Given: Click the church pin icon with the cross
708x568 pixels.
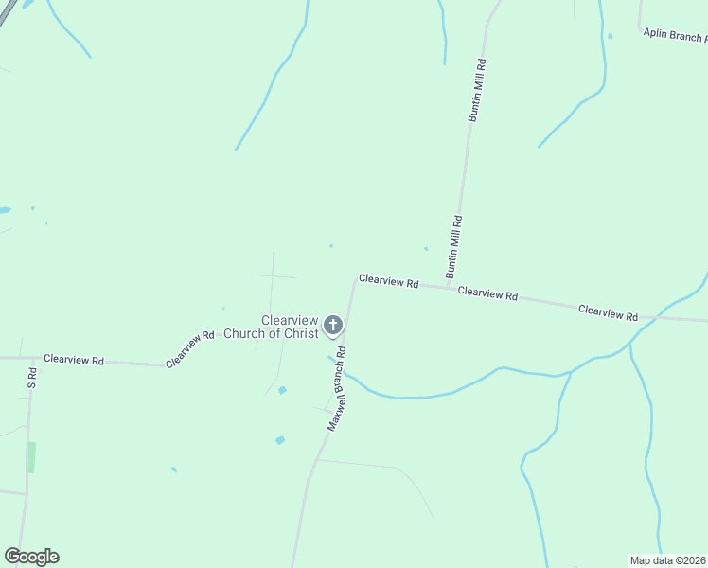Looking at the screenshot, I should click(x=333, y=326).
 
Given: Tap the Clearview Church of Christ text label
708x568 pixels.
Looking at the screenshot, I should click(x=270, y=327).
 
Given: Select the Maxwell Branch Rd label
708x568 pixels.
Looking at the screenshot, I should click(x=337, y=389).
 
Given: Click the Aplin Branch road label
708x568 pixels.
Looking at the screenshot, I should click(x=674, y=34).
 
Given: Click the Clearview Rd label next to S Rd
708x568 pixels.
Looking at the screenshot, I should click(x=72, y=360).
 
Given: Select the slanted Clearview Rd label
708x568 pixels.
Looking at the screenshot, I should click(x=191, y=349).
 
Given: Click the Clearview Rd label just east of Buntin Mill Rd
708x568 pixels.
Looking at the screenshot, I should click(x=487, y=293).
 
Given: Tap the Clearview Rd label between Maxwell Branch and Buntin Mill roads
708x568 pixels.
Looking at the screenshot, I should click(x=388, y=282).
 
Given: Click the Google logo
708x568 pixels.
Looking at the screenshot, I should click(x=31, y=557).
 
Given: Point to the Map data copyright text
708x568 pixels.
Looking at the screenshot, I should click(x=668, y=559).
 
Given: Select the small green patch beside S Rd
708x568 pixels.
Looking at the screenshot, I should click(x=31, y=457).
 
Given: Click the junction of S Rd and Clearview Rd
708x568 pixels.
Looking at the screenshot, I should click(x=31, y=359).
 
